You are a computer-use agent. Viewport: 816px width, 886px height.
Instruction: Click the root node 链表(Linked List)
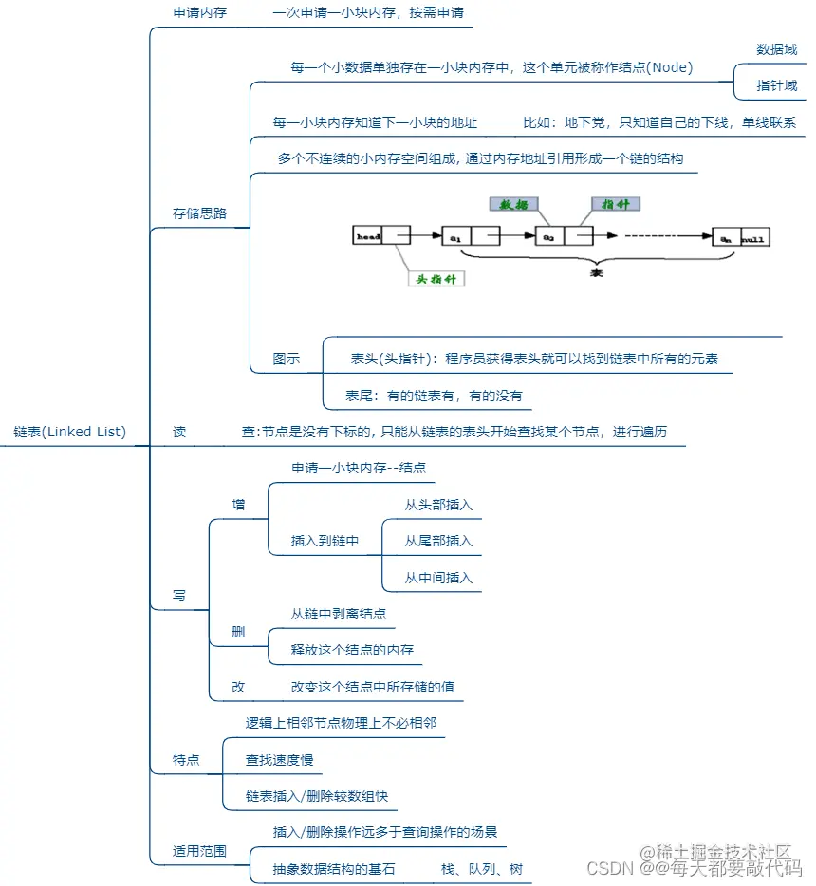click(x=70, y=432)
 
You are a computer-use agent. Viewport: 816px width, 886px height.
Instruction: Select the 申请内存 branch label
click(x=199, y=14)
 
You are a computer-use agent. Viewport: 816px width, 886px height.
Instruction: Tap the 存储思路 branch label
click(x=199, y=213)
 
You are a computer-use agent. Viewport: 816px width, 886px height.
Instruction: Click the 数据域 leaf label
click(x=776, y=49)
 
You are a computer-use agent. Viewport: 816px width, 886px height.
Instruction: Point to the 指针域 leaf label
click(x=776, y=85)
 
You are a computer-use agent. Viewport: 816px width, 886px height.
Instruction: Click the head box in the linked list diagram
click(x=368, y=235)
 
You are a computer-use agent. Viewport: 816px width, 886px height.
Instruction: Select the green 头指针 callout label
click(x=436, y=280)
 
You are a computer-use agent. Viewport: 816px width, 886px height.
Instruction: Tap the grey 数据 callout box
click(x=514, y=204)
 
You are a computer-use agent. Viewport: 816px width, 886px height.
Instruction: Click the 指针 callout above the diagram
click(x=616, y=204)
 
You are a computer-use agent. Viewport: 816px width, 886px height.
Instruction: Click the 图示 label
click(x=287, y=359)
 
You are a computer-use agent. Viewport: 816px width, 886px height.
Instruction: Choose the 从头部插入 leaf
click(x=438, y=505)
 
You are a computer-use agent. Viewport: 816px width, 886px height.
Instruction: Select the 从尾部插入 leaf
click(x=438, y=541)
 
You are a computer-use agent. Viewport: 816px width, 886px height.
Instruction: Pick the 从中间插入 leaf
click(x=438, y=578)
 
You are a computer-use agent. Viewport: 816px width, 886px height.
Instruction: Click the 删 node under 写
click(x=238, y=632)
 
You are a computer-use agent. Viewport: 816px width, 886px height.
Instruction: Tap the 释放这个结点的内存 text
click(x=352, y=651)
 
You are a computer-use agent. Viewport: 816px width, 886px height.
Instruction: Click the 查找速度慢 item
click(x=279, y=760)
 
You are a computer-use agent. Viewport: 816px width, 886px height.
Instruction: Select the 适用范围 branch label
click(x=199, y=851)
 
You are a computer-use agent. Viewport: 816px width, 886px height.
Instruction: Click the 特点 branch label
click(x=186, y=760)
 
